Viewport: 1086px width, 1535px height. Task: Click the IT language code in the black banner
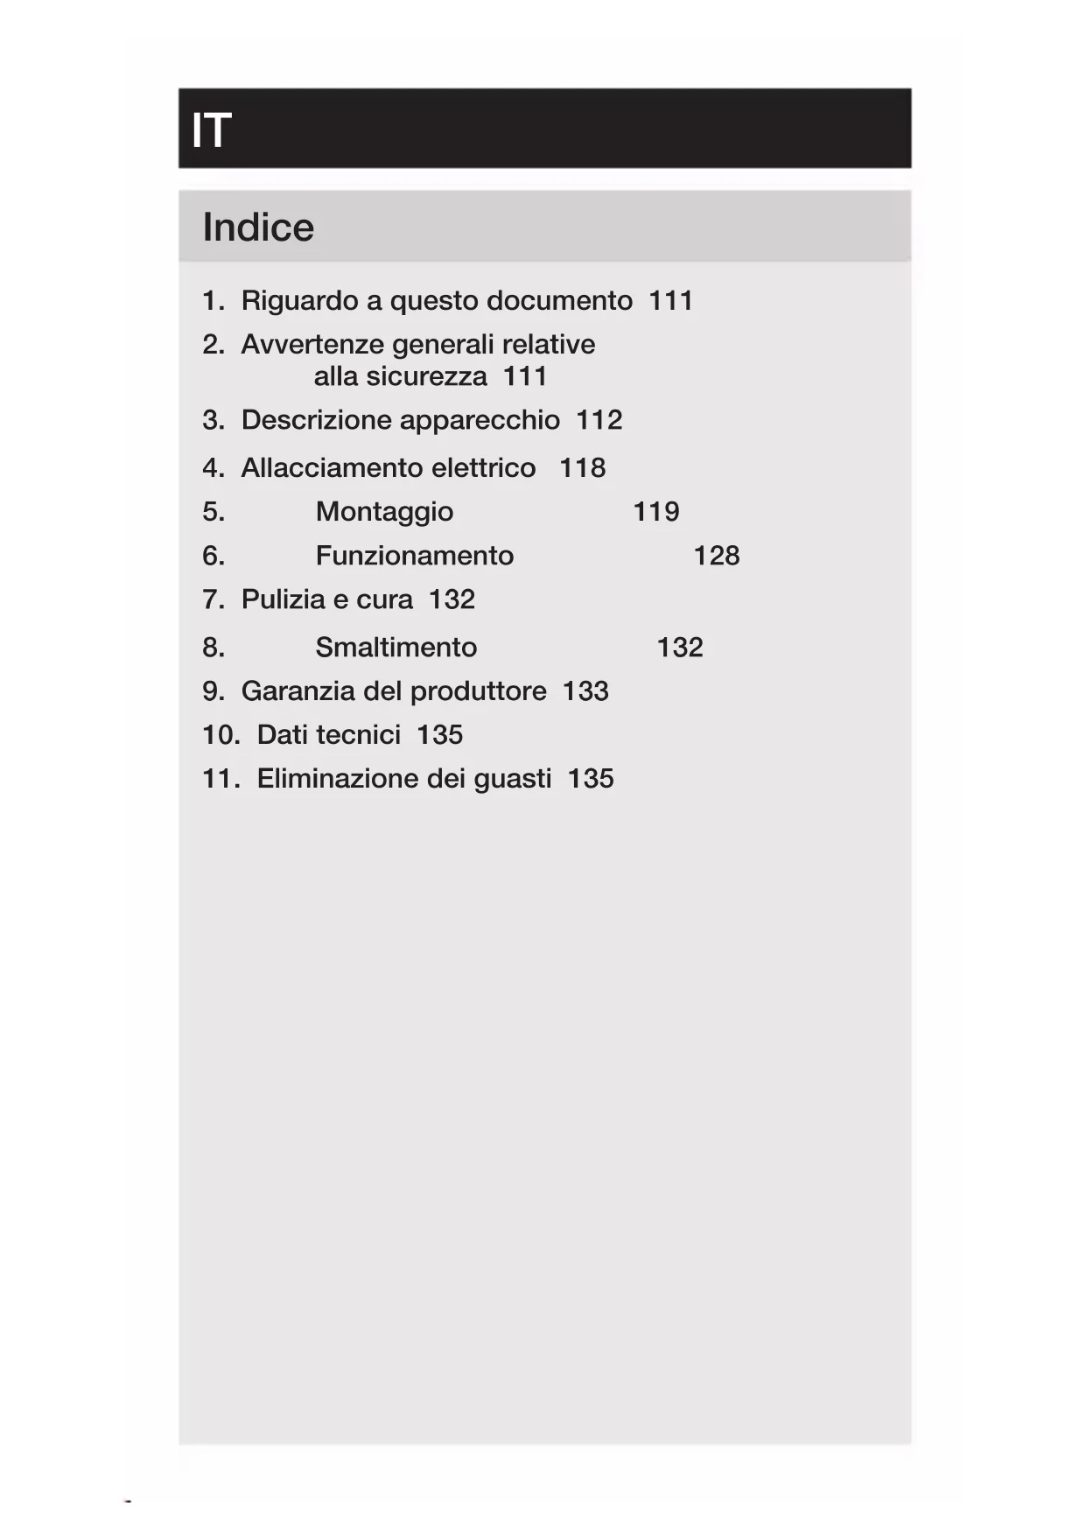pyautogui.click(x=211, y=130)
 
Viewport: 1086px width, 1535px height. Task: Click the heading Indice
pyautogui.click(x=258, y=228)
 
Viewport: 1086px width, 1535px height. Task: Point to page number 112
pyautogui.click(x=599, y=420)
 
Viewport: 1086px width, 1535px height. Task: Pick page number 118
pyautogui.click(x=582, y=468)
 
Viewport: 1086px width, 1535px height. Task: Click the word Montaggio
pyautogui.click(x=384, y=512)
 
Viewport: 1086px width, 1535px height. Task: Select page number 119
pyautogui.click(x=655, y=512)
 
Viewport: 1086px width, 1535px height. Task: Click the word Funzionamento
pyautogui.click(x=414, y=556)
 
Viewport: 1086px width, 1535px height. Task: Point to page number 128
pyautogui.click(x=716, y=556)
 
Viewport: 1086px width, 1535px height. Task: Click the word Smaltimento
pyautogui.click(x=396, y=648)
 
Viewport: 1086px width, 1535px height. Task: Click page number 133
pyautogui.click(x=585, y=691)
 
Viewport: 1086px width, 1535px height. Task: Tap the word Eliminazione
pyautogui.click(x=333, y=779)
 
